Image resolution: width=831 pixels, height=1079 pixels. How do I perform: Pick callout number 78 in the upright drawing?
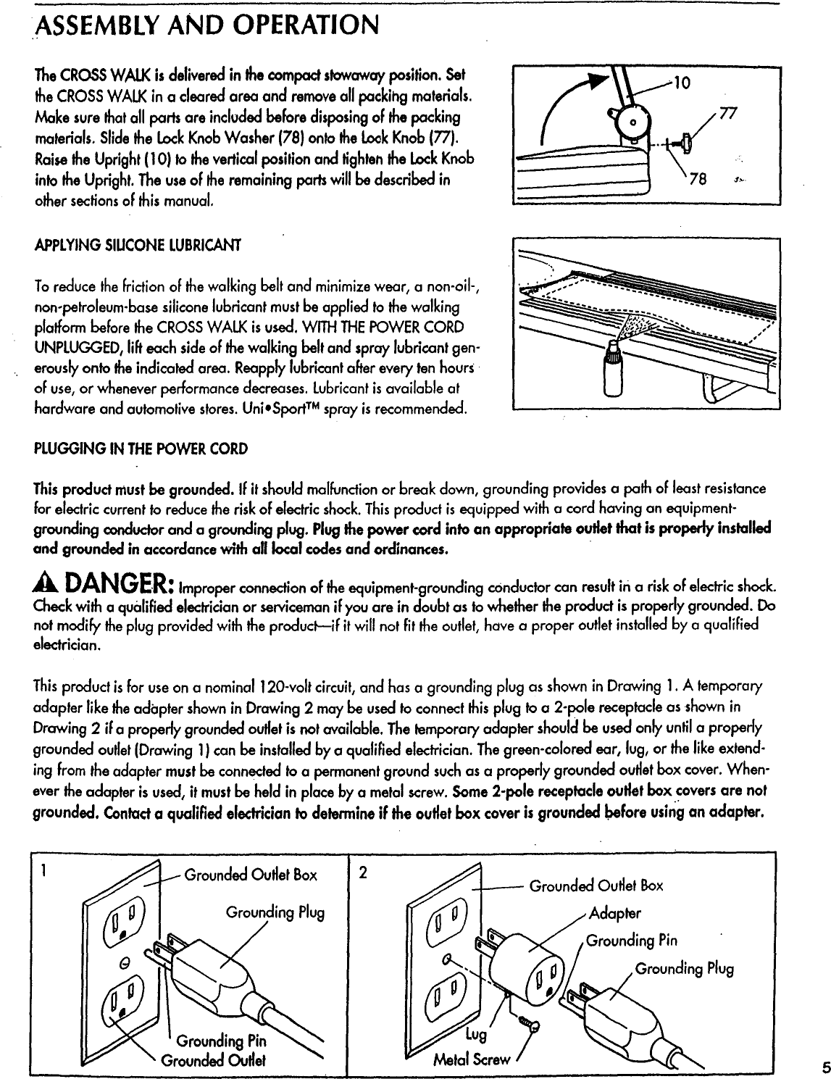click(717, 180)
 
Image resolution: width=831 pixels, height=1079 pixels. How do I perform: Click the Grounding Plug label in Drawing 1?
click(276, 912)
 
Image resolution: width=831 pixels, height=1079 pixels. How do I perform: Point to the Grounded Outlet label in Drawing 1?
click(203, 1061)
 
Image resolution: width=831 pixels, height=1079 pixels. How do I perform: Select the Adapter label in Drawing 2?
click(616, 912)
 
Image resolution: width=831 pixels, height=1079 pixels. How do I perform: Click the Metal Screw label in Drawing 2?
click(471, 1061)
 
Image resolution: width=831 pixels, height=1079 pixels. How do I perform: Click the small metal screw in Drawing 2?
click(530, 1022)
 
